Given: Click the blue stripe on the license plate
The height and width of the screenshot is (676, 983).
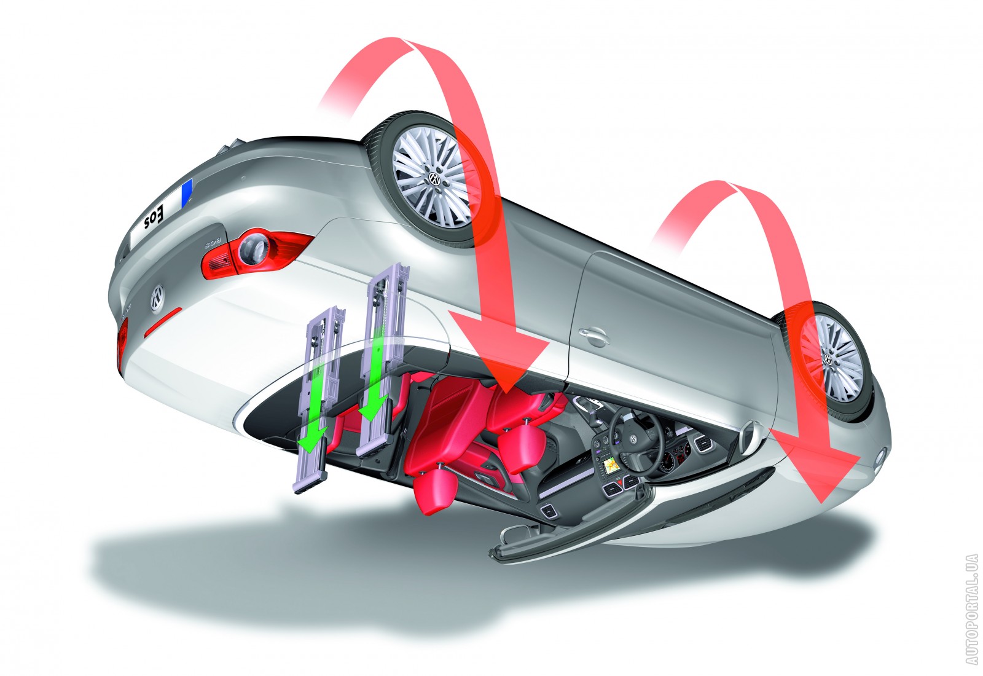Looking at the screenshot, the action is (x=187, y=193).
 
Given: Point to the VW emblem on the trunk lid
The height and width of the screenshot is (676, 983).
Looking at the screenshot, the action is (x=157, y=298).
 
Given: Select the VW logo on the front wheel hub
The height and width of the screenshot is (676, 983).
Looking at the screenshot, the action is (x=828, y=359).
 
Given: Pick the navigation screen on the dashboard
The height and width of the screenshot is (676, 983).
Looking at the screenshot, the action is (x=611, y=465).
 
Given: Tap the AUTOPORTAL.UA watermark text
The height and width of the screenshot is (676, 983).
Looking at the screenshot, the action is (x=971, y=614).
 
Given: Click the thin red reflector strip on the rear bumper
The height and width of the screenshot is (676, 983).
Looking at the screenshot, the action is (x=162, y=322).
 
